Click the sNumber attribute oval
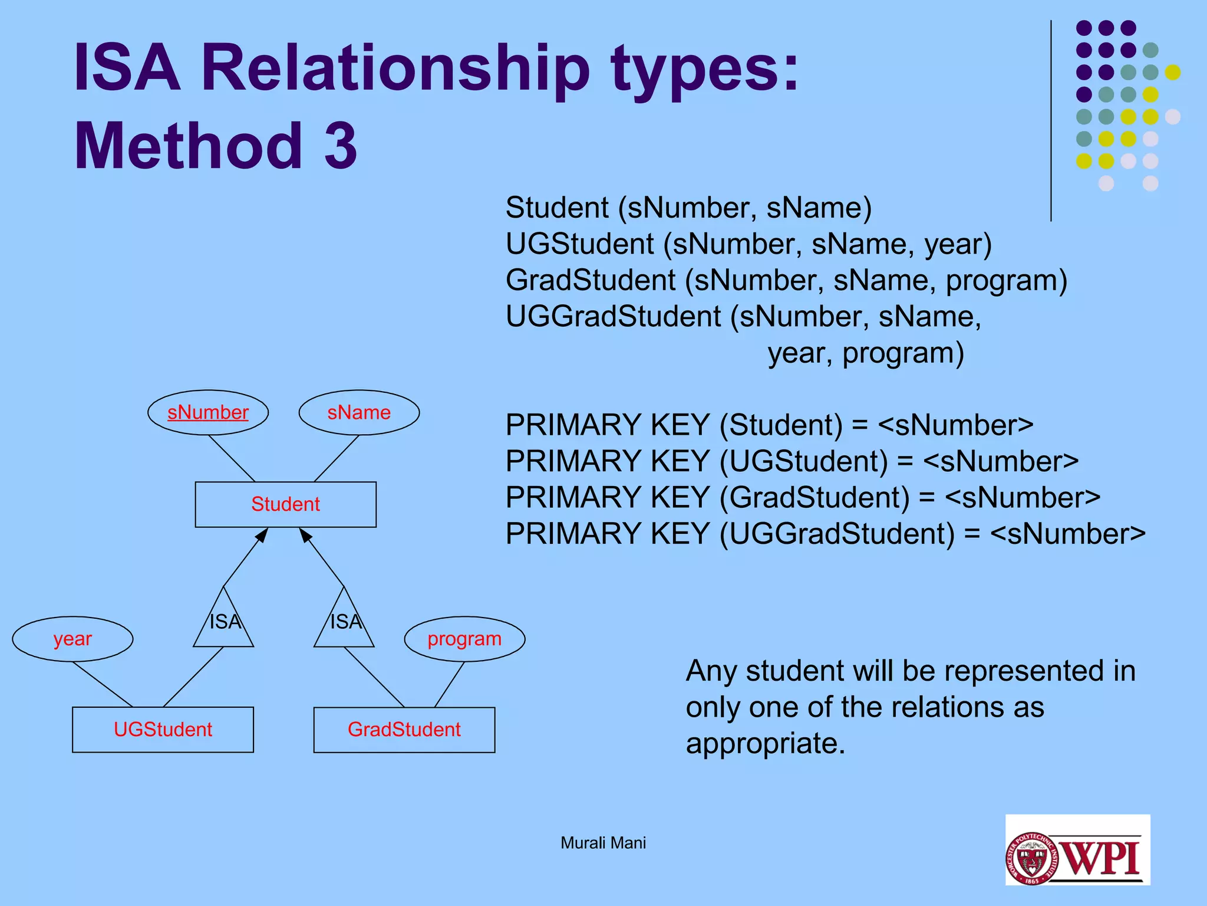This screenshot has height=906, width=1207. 208,412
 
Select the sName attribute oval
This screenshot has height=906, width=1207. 359,412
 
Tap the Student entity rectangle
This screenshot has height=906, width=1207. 285,504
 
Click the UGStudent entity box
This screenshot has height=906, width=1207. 163,730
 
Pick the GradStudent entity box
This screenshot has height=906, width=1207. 404,730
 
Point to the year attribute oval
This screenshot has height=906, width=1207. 72,639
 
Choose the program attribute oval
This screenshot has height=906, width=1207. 464,639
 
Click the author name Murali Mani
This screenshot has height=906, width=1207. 603,843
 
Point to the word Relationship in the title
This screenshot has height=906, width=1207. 395,70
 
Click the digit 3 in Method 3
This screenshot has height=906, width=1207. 341,146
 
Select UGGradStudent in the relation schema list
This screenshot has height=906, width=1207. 613,317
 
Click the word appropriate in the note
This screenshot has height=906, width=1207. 765,743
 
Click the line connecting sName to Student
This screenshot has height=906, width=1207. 336,459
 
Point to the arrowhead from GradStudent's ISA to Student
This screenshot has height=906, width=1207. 305,535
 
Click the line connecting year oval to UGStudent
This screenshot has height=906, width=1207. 103,684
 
